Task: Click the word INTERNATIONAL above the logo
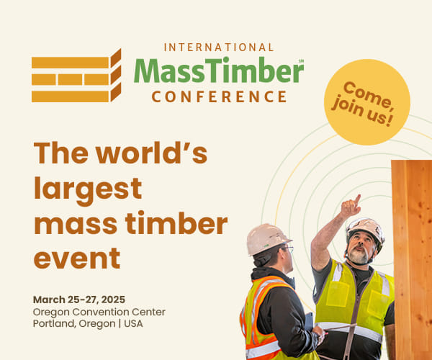click(219, 48)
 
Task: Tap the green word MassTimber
click(218, 71)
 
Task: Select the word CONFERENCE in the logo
click(219, 96)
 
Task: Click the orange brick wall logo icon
click(76, 76)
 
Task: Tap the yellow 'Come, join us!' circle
click(366, 102)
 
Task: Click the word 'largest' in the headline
click(88, 189)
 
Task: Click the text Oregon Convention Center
click(99, 312)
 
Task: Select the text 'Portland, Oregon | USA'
click(88, 323)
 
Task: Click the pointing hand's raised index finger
click(356, 199)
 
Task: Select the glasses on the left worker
click(287, 249)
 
